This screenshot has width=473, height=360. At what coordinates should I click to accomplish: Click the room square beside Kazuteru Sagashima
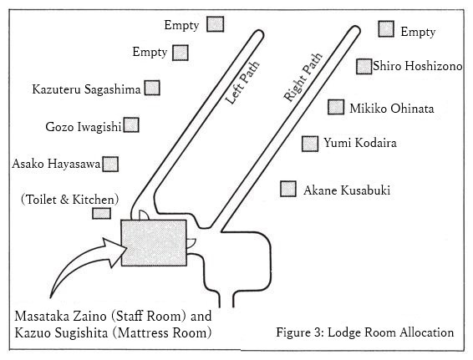point(152,88)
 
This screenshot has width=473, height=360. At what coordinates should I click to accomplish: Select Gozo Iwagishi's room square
point(131,124)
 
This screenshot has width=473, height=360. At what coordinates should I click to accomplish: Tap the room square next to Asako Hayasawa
point(110,164)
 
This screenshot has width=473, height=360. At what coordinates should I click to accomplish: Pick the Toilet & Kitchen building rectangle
point(101,214)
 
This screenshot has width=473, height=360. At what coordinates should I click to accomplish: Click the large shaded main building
point(154,243)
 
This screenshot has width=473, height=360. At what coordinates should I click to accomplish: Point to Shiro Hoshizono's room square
point(364,66)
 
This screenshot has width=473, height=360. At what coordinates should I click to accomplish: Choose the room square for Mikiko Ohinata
point(336,107)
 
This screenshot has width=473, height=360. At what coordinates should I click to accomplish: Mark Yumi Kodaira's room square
point(310,144)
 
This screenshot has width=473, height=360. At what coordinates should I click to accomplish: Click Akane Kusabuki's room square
point(288,189)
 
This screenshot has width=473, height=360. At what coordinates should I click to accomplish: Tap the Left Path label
point(242,83)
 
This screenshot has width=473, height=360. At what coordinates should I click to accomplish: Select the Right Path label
point(303,78)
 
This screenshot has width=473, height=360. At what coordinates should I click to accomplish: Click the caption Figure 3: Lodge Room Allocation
point(365,332)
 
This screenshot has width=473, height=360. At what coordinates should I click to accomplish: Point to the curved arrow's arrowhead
point(116,251)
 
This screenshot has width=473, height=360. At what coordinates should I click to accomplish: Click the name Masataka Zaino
point(61,316)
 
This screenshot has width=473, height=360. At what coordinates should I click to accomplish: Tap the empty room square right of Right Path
point(386,29)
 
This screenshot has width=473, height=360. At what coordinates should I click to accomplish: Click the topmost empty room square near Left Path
point(216,24)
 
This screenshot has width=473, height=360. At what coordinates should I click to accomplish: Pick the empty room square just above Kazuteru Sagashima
point(181,53)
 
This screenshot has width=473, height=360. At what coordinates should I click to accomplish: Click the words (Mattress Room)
point(162,333)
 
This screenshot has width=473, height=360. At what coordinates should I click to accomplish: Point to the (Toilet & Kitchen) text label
point(69,200)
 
